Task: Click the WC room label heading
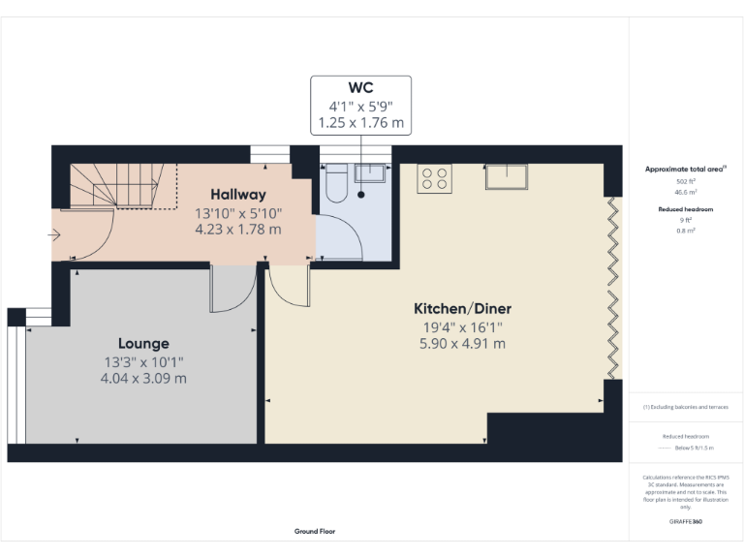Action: click(360, 88)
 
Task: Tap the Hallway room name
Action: click(238, 195)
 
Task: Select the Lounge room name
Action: click(143, 343)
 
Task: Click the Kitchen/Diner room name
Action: click(462, 308)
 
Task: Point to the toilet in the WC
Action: click(335, 182)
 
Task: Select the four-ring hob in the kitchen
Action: click(434, 178)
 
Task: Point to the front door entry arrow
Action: click(55, 234)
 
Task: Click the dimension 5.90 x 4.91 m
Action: click(462, 343)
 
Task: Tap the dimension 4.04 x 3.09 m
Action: click(143, 378)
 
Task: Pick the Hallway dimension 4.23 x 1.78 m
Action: click(238, 230)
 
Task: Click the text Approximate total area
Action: click(684, 169)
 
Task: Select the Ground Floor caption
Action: click(315, 531)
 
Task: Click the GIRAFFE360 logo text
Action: click(685, 522)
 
